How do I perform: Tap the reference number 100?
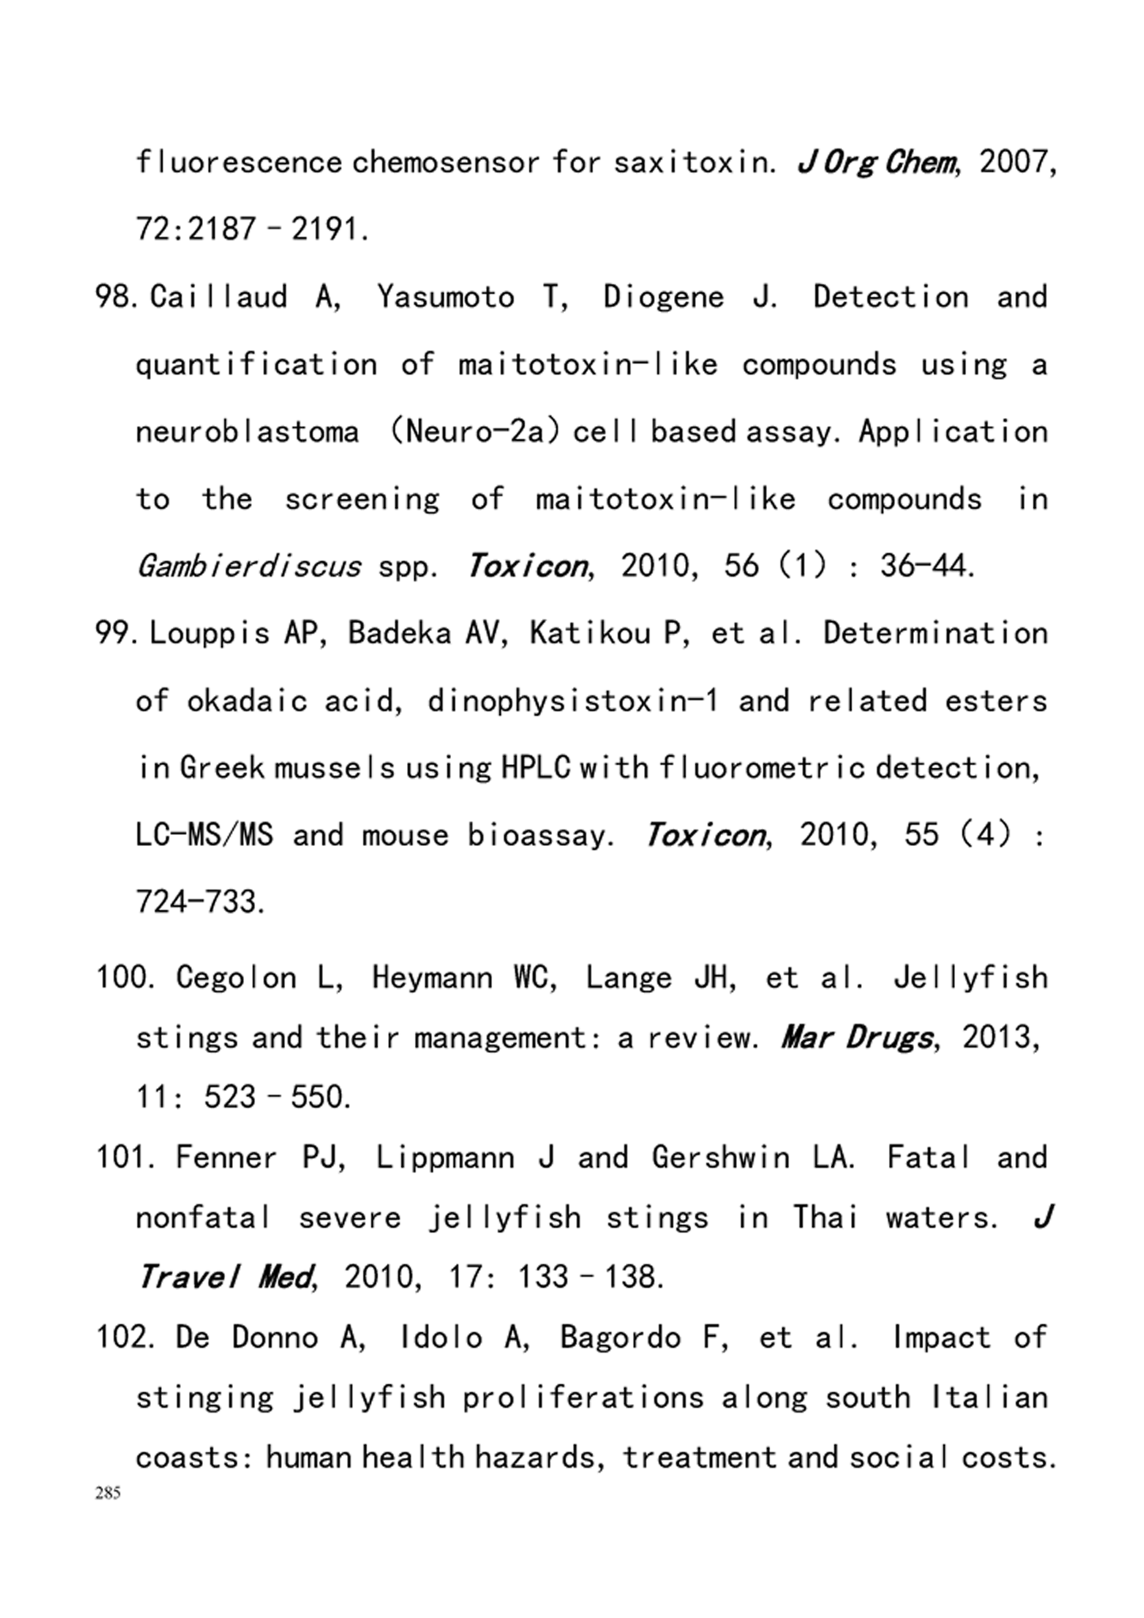pos(122,978)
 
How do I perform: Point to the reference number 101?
pos(122,1158)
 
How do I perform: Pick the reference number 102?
pos(122,1338)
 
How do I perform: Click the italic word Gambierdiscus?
pos(248,566)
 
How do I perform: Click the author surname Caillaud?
pos(219,297)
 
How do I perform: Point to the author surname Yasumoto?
pos(446,297)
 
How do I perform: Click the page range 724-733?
pos(200,901)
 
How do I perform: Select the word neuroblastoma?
pos(247,432)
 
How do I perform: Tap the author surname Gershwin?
pos(721,1158)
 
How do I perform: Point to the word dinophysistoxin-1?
pos(573,701)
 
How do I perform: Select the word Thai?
pos(826,1217)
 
